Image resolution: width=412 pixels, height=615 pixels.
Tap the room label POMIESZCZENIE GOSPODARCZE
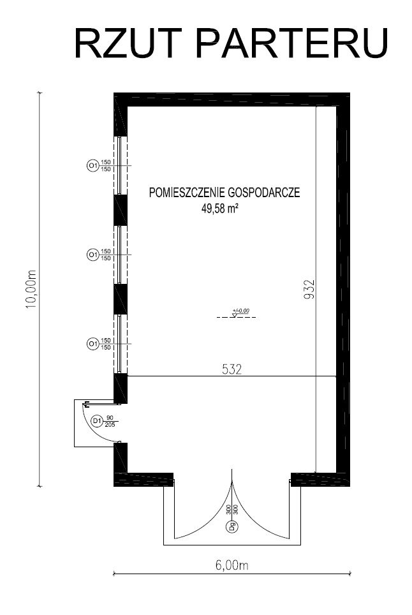tap(224, 193)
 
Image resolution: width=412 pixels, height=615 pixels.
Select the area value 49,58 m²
tap(221, 209)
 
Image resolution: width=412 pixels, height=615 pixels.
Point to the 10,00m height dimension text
tap(31, 289)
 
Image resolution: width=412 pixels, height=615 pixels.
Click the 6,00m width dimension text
tap(232, 565)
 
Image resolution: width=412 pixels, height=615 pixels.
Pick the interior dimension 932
tap(310, 289)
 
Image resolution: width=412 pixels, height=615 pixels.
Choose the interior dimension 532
tap(232, 369)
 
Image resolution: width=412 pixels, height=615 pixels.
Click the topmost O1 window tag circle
tap(92, 166)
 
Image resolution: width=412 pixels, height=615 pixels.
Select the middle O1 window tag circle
tap(92, 255)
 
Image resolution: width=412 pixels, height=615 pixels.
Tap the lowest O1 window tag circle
tap(92, 344)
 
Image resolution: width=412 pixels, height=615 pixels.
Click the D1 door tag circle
tap(97, 421)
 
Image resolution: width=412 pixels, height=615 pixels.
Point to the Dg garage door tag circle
tap(232, 526)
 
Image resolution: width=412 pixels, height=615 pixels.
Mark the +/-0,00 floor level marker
tap(237, 313)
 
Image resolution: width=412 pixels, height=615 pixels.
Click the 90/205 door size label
tap(110, 421)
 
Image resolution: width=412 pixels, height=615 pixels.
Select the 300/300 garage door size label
tap(232, 510)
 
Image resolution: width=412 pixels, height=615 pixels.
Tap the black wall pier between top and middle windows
tap(121, 210)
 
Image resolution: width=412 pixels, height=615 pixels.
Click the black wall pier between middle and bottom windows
tap(121, 299)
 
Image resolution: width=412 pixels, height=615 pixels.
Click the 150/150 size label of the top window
tap(106, 165)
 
